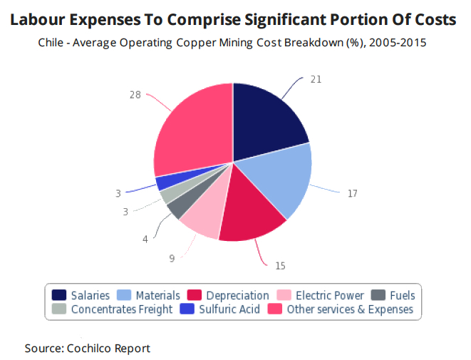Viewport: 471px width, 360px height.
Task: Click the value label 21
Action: point(316,79)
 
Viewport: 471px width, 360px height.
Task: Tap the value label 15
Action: point(280,265)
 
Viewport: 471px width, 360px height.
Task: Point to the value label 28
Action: point(135,94)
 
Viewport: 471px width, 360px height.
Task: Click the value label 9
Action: point(172,258)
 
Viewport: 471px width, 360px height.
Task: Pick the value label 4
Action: point(145,239)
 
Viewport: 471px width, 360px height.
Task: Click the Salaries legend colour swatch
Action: point(59,295)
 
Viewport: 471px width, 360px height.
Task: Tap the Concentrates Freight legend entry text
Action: point(122,309)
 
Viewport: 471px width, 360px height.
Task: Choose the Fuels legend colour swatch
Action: point(380,295)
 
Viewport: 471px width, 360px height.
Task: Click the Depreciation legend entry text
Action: point(237,295)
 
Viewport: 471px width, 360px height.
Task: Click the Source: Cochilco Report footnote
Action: point(88,348)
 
